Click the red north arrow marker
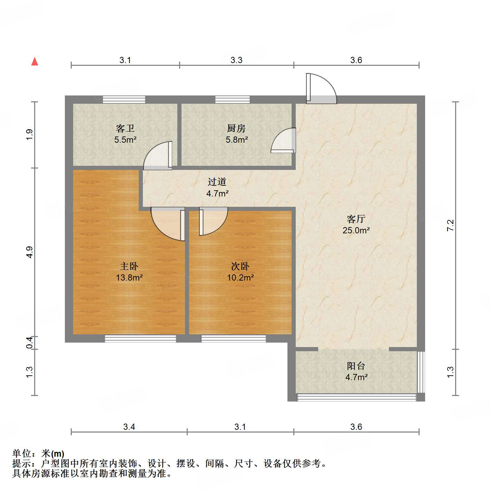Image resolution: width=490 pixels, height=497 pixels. pyautogui.click(x=35, y=61)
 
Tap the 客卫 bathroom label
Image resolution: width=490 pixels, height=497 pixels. pyautogui.click(x=125, y=129)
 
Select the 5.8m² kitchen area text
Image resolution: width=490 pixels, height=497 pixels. pyautogui.click(x=237, y=140)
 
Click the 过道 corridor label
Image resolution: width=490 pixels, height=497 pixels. pyautogui.click(x=217, y=182)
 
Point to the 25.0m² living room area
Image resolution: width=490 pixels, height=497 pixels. pyautogui.click(x=356, y=230)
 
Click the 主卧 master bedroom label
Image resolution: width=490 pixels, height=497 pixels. pyautogui.click(x=129, y=266)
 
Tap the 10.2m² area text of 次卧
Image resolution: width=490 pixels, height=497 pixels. pyautogui.click(x=241, y=277)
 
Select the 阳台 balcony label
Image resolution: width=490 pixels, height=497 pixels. pyautogui.click(x=356, y=366)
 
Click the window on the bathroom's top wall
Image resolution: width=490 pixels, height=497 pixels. pyautogui.click(x=124, y=100)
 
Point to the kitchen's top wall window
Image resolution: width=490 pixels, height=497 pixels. pyautogui.click(x=233, y=100)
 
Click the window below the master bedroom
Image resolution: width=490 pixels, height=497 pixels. pyautogui.click(x=140, y=339)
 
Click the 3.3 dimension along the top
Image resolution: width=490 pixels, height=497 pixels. pyautogui.click(x=236, y=60)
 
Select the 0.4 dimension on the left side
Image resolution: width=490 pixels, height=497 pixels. pyautogui.click(x=30, y=343)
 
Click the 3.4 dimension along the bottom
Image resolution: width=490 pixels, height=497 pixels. pyautogui.click(x=129, y=427)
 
